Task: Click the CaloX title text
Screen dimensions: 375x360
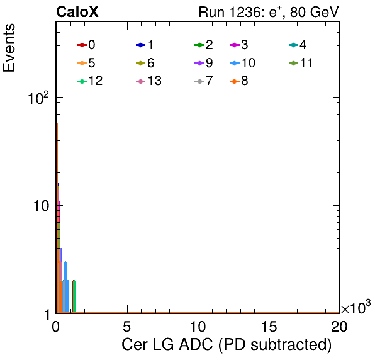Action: [77, 12]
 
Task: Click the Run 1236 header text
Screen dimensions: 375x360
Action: [269, 12]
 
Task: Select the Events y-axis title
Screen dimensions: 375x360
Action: [9, 48]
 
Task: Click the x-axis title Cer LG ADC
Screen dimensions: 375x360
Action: [227, 345]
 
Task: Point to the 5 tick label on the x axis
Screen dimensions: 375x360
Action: [126, 326]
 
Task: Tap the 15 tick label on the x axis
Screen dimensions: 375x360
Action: [269, 326]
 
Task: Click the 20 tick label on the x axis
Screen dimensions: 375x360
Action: [339, 326]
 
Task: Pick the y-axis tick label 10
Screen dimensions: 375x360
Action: [41, 206]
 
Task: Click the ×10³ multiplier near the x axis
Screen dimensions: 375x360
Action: [356, 307]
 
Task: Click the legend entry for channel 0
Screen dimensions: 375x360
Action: [86, 45]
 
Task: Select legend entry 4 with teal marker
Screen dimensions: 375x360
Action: [298, 45]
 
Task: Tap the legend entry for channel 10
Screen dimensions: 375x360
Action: [242, 63]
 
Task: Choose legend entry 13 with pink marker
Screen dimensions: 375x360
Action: [148, 81]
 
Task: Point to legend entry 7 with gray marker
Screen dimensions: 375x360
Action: [204, 81]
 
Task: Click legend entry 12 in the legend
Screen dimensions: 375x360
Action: [90, 81]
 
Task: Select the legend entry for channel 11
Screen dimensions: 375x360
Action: [301, 63]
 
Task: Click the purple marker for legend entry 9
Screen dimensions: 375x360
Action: [199, 64]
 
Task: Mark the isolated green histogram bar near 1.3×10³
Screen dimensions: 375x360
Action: [74, 296]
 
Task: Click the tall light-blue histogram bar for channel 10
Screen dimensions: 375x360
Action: [65, 287]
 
